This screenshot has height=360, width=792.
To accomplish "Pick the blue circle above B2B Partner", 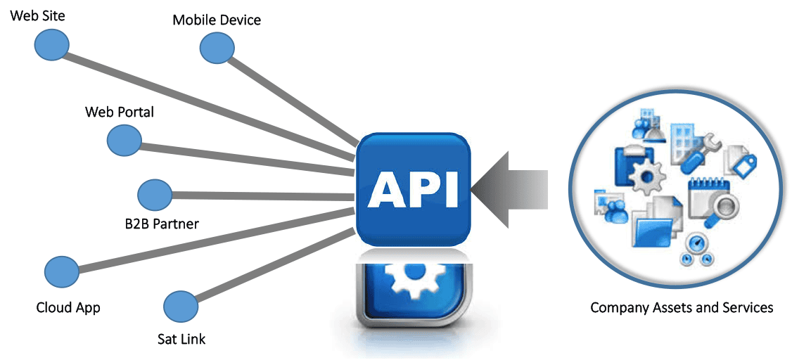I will point(155,195).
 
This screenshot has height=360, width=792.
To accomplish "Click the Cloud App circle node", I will point(61,271).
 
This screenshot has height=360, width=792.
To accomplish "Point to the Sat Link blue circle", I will point(180,307).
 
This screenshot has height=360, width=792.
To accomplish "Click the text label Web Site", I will point(37,15).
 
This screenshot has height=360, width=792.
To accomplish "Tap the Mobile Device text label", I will point(217,20).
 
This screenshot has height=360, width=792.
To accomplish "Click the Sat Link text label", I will point(181,339).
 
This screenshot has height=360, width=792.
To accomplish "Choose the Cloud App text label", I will point(68,307).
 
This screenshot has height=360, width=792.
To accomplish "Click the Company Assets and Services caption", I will point(682,307).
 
